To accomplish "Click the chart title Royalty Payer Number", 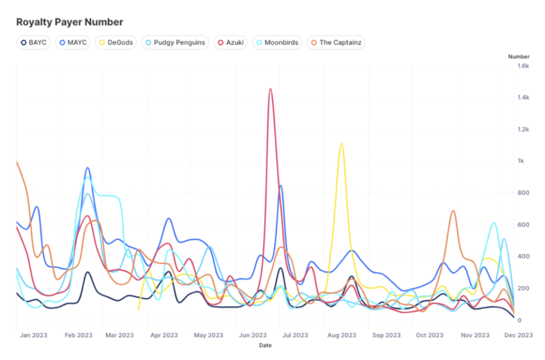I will (70, 22).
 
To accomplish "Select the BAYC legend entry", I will (33, 42).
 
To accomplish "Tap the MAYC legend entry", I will (73, 42).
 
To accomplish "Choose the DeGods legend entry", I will (116, 42).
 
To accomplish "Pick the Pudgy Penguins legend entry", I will (175, 42).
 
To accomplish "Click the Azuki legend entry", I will (230, 42).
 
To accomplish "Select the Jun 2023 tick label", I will (252, 335).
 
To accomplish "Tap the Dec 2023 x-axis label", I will (519, 335).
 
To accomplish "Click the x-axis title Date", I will (265, 345).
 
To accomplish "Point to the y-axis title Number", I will (518, 56).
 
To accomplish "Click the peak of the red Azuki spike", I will (270, 89).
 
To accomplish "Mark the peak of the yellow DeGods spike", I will (342, 144).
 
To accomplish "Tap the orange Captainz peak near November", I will (453, 211).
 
